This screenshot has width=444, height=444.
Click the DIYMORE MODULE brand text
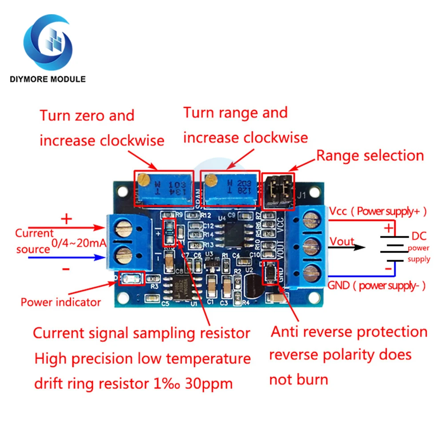[48, 79]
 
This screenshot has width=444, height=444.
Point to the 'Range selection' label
[370, 155]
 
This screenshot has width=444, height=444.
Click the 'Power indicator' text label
[61, 302]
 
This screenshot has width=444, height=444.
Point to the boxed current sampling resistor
[169, 232]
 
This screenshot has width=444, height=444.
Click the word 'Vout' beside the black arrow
[341, 242]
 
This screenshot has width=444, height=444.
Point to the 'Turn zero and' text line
[87, 115]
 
